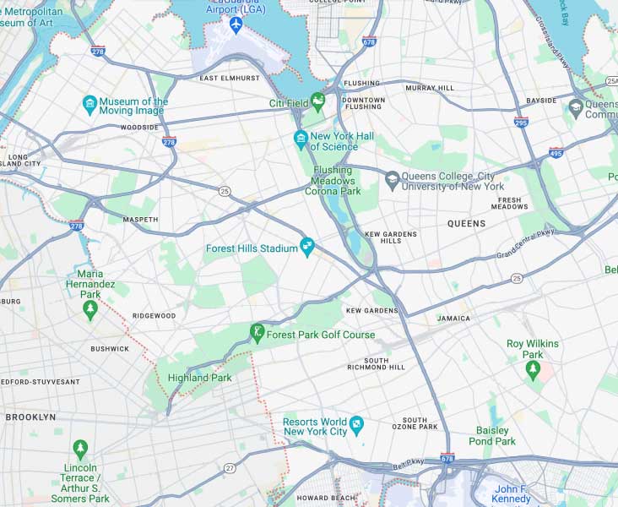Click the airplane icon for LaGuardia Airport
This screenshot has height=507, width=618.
236,24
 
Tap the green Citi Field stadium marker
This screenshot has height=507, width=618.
317,103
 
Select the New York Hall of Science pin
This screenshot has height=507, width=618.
300,138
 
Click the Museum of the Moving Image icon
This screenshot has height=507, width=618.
89,105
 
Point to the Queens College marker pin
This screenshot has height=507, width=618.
392,179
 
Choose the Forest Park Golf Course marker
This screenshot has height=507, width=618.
257,332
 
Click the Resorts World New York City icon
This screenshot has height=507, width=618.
357,422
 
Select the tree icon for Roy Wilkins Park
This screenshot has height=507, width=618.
532,372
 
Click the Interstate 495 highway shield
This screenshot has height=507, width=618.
555,153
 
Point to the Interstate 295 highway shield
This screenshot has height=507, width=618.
521,123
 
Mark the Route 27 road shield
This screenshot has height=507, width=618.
230,467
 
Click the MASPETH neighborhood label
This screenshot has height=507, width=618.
140,219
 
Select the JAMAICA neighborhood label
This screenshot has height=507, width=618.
453,319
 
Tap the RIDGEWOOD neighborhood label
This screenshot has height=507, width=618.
154,316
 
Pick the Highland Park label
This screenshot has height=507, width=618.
199,378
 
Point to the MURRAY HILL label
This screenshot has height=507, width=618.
429,88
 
